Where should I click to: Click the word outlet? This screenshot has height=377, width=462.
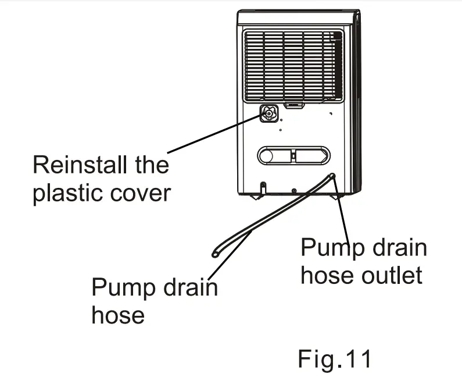(392, 275)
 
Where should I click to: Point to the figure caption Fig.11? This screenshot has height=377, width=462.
(334, 358)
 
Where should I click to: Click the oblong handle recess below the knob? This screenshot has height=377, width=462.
(293, 155)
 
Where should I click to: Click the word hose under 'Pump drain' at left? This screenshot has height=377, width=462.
(118, 315)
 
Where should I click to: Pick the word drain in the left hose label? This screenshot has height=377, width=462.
(187, 287)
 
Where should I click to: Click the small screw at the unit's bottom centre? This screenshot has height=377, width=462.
(295, 191)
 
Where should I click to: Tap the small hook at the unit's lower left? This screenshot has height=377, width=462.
(263, 187)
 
